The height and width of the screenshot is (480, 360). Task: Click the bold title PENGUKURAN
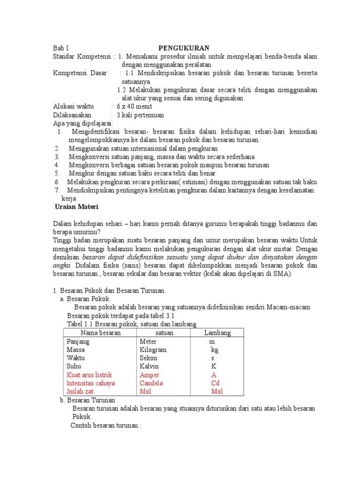click(183, 48)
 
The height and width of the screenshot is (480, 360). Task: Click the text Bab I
click(60, 48)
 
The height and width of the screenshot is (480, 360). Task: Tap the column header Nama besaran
click(100, 333)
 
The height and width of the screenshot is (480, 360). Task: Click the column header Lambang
click(217, 333)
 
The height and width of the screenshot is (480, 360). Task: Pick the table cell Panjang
click(78, 342)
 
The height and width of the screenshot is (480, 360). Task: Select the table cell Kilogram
click(153, 350)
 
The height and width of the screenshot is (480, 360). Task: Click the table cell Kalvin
click(149, 367)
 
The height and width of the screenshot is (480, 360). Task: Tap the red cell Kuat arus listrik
click(89, 375)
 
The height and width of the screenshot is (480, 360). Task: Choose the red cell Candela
click(151, 383)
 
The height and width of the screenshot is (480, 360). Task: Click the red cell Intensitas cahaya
click(90, 383)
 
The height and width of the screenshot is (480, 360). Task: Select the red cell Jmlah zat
click(81, 391)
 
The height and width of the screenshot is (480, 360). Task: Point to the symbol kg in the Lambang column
click(215, 350)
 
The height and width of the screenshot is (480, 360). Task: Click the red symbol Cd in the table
click(215, 383)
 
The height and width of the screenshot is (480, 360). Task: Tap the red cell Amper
click(149, 375)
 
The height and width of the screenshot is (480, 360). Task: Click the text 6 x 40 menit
click(134, 106)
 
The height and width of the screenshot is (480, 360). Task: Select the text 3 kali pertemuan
click(140, 115)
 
